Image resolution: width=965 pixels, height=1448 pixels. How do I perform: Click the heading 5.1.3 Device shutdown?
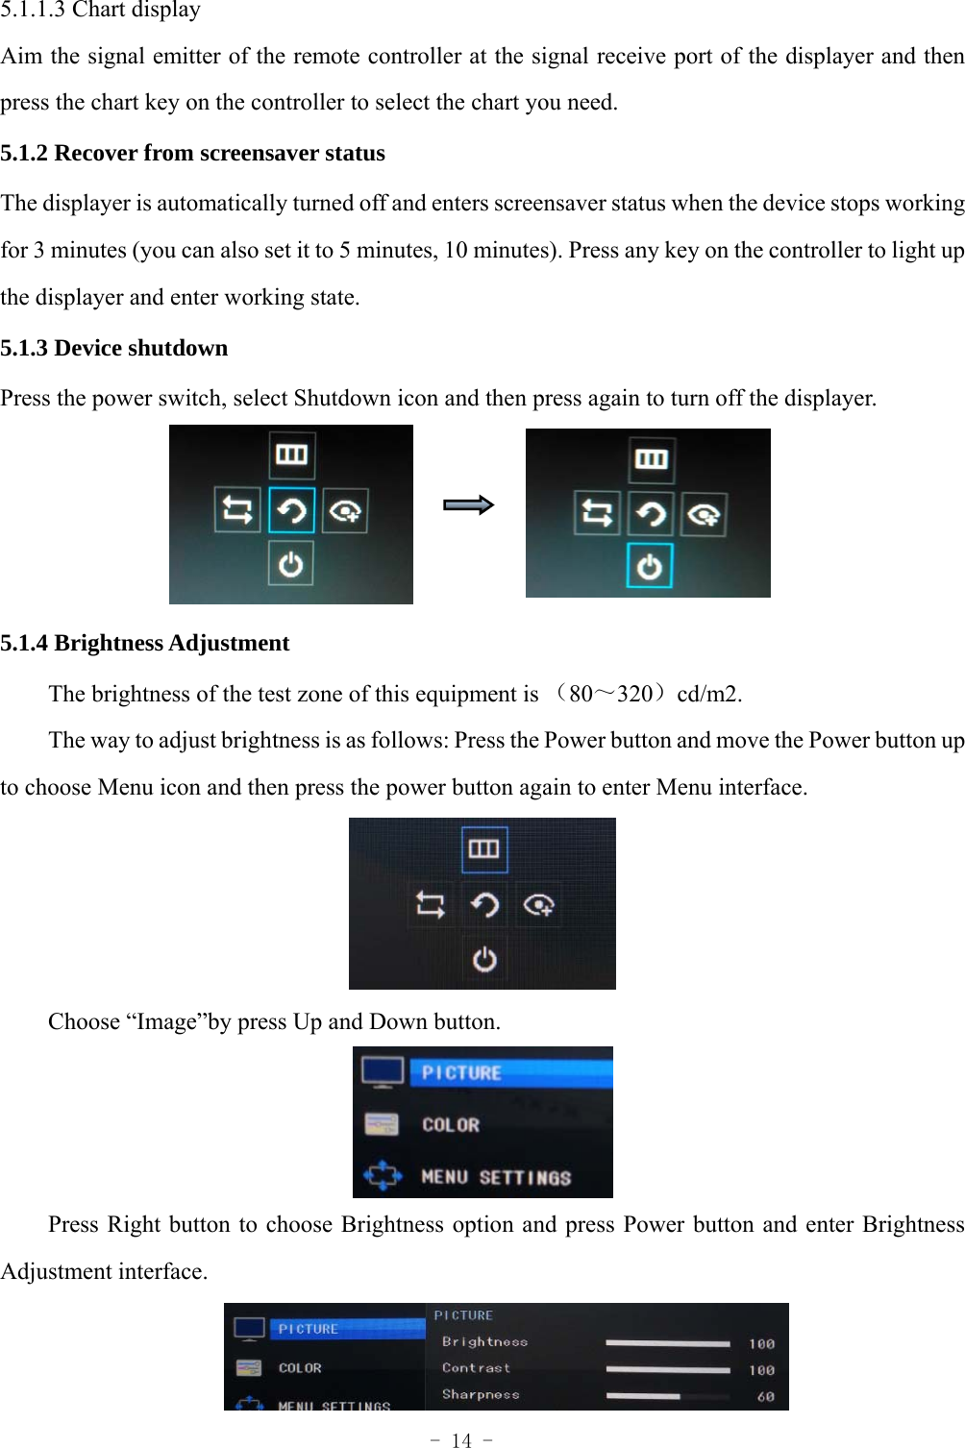[113, 348]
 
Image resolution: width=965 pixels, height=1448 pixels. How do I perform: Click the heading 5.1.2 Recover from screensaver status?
[192, 153]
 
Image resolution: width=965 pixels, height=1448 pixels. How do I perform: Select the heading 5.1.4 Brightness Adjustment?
[144, 643]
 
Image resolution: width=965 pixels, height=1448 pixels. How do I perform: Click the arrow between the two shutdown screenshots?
[468, 504]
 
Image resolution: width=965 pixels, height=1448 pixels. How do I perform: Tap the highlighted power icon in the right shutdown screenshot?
[650, 566]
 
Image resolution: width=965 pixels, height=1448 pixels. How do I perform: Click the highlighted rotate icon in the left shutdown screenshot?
[291, 509]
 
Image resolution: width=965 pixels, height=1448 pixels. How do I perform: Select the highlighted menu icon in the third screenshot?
[483, 848]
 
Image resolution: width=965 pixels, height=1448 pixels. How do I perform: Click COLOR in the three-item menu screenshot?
[450, 1125]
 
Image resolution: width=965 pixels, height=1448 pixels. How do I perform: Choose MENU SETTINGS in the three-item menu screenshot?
[496, 1177]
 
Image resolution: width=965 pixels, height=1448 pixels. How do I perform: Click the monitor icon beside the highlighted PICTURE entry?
[383, 1071]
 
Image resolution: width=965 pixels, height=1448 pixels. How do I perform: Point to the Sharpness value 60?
[765, 1396]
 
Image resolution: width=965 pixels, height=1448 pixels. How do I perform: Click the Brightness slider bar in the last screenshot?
[668, 1343]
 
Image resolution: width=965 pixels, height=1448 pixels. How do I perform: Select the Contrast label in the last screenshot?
[476, 1367]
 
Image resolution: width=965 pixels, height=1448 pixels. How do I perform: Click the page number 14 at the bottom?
[461, 1440]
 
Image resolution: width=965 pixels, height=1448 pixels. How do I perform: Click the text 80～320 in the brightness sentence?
[610, 694]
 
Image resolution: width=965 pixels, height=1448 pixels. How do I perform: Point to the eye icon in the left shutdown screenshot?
[345, 510]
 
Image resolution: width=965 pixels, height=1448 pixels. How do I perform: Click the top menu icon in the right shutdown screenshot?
[651, 459]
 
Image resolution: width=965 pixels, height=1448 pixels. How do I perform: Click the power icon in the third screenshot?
[484, 959]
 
